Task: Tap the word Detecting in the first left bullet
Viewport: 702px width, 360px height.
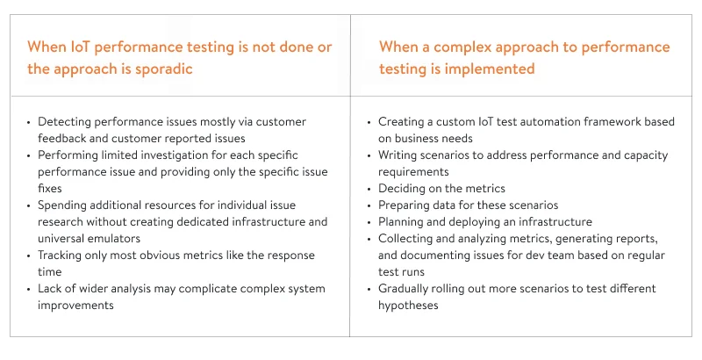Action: [64, 122]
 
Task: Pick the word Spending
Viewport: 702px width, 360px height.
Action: [64, 205]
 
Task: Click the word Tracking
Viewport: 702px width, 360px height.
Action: [62, 256]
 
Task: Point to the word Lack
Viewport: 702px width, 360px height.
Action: [50, 289]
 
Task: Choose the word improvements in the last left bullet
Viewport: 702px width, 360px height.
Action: [76, 306]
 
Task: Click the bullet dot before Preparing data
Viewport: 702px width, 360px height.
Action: [369, 205]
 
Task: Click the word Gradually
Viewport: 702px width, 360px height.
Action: [407, 289]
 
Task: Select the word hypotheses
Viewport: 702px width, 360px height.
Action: [408, 306]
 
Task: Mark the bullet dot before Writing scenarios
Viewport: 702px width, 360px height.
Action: [369, 155]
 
